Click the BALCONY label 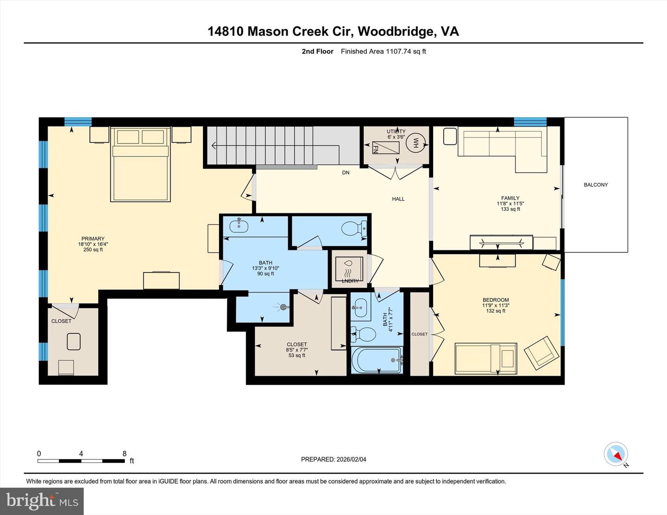click(x=596, y=185)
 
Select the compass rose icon click(x=616, y=454)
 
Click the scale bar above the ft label click(x=81, y=461)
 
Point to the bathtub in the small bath click(x=377, y=360)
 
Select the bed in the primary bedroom click(x=139, y=165)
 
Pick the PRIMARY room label click(x=93, y=239)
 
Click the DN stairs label click(x=346, y=173)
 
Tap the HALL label click(x=398, y=199)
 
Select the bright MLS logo click(x=42, y=501)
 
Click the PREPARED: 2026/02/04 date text click(x=333, y=459)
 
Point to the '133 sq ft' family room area click(x=510, y=209)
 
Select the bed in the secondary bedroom click(x=485, y=358)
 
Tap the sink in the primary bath click(x=239, y=226)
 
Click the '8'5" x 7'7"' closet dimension click(x=297, y=350)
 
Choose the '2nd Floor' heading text click(x=317, y=51)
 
